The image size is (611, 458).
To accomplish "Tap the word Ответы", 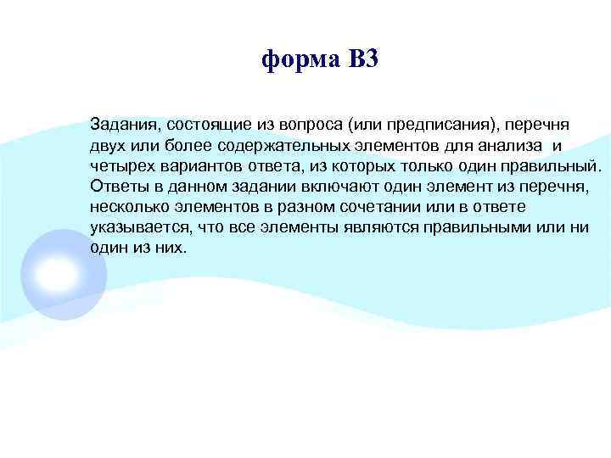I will (x=116, y=186).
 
